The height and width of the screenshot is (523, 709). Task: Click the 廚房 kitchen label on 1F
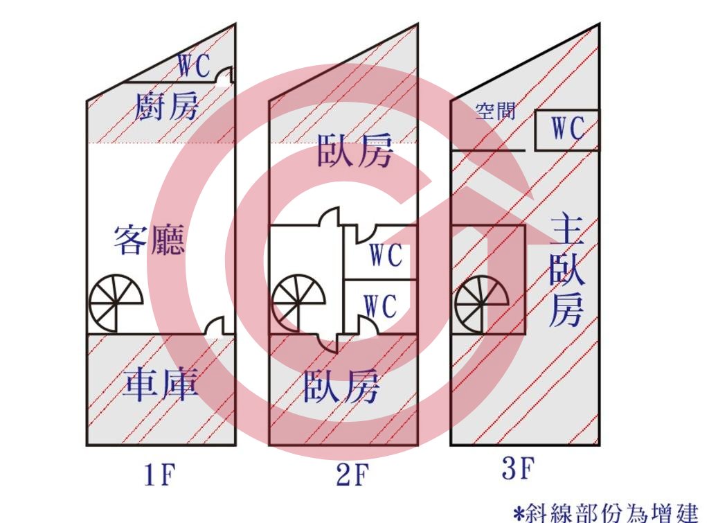167,106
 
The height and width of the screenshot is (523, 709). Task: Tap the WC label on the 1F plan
194,66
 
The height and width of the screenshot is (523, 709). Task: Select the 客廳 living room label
150,240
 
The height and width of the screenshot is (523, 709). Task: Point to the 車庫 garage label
161,385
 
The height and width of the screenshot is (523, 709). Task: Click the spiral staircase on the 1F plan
116,302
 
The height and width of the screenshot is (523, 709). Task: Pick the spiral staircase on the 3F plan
482,304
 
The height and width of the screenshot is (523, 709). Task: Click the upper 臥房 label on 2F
355,150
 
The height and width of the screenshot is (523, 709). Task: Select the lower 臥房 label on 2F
341,386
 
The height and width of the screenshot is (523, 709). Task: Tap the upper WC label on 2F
386,255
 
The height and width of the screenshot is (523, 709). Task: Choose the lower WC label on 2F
381,306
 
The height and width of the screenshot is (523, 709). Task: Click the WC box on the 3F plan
567,130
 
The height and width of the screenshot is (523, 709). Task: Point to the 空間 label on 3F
496,111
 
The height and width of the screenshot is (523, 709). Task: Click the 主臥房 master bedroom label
567,272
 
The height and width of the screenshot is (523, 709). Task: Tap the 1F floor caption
160,475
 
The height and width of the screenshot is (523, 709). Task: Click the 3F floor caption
519,468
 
